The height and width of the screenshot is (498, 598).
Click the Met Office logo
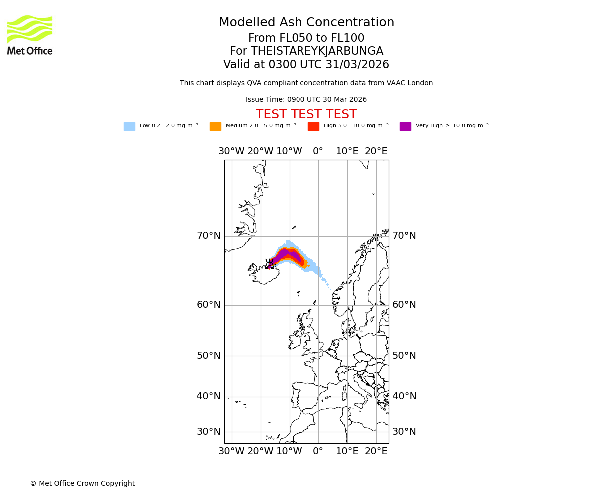(x=30, y=35)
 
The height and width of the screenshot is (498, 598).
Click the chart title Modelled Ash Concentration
(x=306, y=22)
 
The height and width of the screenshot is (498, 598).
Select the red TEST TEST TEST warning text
(x=306, y=114)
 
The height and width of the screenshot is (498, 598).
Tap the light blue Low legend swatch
(x=129, y=126)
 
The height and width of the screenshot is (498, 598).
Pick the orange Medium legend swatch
(x=215, y=126)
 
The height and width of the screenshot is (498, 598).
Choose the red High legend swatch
(x=313, y=126)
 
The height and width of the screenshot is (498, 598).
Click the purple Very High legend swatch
(x=405, y=126)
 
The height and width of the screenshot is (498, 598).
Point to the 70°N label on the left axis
(x=208, y=236)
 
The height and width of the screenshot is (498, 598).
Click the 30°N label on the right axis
(x=404, y=432)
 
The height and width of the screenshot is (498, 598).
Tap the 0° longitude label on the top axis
(x=318, y=151)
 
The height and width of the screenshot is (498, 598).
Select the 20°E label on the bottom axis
(x=376, y=451)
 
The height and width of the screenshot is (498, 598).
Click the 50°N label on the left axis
(x=208, y=356)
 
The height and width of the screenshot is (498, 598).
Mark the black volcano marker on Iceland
(x=270, y=263)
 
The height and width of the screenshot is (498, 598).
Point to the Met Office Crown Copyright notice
(x=82, y=483)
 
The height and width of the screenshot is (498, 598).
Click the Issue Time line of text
(x=306, y=100)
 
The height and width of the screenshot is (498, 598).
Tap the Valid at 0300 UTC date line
(x=306, y=65)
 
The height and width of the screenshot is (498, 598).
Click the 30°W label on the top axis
(x=231, y=151)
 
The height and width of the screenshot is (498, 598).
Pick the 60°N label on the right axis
(x=404, y=305)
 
